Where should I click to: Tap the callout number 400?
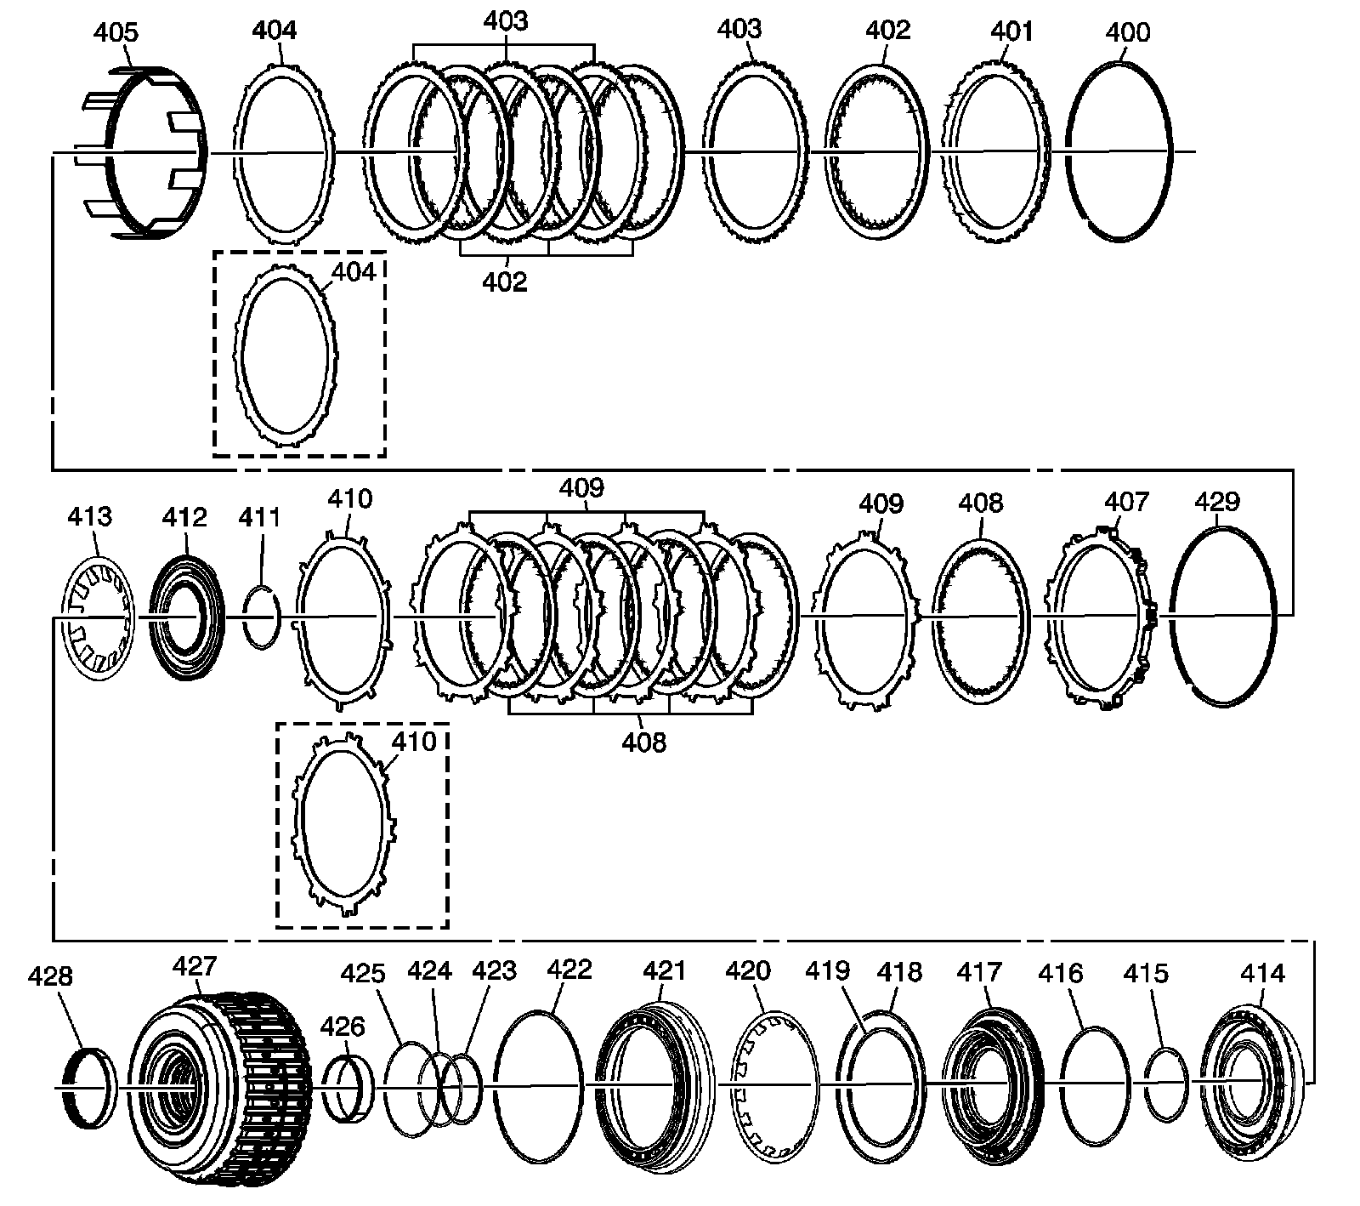click(1128, 33)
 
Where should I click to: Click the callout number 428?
click(51, 976)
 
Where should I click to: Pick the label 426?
click(343, 1027)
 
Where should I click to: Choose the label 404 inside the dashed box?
click(354, 272)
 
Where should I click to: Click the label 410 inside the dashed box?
click(413, 742)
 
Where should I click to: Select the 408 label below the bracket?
click(643, 742)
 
